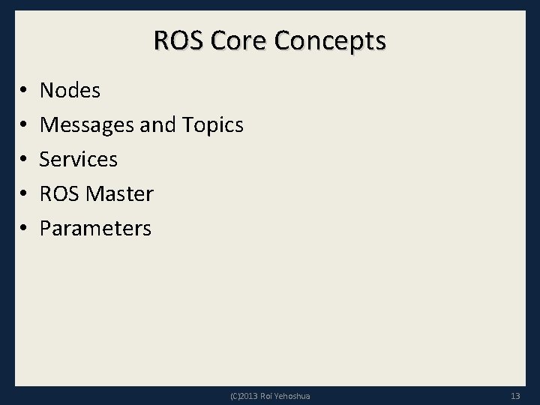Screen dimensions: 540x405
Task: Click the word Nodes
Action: coord(70,91)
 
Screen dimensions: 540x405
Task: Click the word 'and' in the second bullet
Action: coord(157,125)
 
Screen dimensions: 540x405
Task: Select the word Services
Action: coord(78,159)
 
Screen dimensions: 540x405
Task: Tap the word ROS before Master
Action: coord(59,193)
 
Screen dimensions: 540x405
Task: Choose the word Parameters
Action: coord(95,228)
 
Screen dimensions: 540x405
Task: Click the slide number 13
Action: coord(514,395)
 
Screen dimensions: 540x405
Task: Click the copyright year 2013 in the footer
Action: coord(249,395)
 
